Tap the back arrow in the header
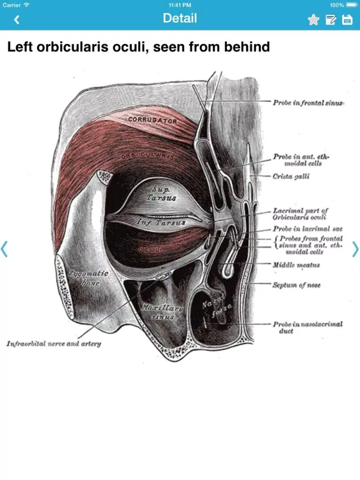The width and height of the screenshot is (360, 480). point(17,20)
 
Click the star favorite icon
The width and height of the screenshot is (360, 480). point(313,20)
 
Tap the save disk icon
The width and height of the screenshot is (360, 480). point(347,20)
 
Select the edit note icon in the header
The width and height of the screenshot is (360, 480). point(331,20)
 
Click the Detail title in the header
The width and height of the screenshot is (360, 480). point(180,18)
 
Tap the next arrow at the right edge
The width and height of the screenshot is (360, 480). point(355,249)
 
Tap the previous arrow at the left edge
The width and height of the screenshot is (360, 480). point(5,249)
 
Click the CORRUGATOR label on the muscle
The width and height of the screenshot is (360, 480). point(152,120)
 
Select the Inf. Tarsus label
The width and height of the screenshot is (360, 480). point(161,223)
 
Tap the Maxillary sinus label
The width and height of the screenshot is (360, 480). point(162,312)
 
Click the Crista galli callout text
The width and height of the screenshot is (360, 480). point(291,177)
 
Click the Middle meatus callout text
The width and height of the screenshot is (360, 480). point(296,265)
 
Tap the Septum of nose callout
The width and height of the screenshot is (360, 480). point(296,285)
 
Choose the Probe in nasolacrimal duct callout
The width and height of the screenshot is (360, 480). point(308,327)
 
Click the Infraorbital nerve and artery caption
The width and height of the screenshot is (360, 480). point(54,344)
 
